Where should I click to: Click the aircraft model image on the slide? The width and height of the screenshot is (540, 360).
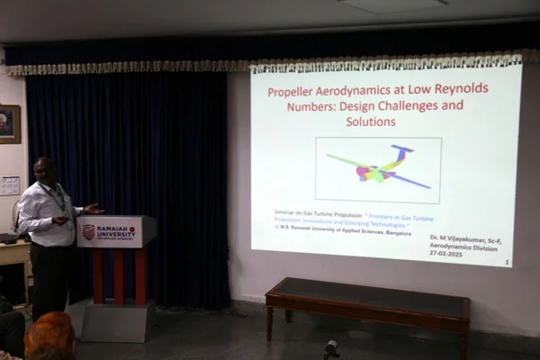[x=378, y=169]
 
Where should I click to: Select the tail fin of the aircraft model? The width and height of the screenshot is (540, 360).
[x=401, y=149]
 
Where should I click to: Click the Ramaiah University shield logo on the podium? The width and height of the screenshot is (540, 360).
[x=88, y=231]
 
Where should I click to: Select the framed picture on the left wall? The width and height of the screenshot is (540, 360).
[x=9, y=124]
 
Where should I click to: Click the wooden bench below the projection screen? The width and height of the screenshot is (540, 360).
[x=367, y=296]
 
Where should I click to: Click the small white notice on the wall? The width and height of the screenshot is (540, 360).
[x=10, y=185]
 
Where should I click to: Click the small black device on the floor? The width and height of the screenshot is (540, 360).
[x=331, y=347]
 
